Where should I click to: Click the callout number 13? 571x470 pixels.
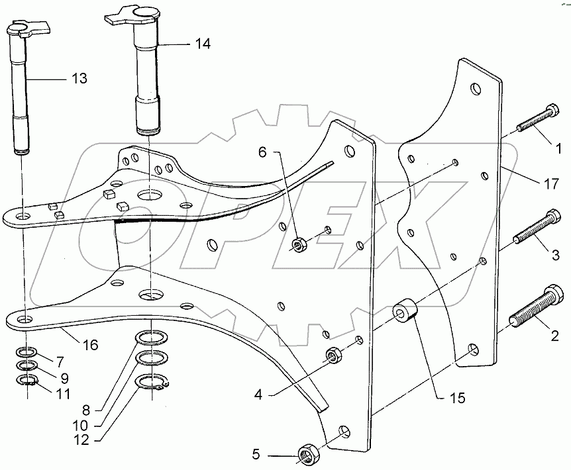point(79,79)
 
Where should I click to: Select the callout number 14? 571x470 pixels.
point(202,44)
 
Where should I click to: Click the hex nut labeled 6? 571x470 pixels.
point(299,245)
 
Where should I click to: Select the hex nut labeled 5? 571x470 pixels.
point(308,455)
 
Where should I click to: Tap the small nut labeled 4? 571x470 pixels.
point(333,357)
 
